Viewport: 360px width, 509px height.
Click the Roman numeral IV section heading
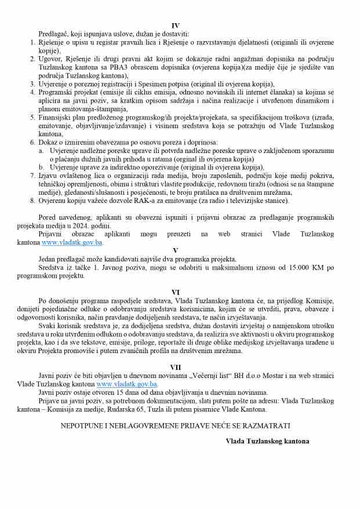(x=176, y=26)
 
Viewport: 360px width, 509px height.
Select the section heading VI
(x=176, y=292)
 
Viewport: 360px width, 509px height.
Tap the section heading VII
(x=176, y=367)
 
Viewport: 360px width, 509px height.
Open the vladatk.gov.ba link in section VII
(x=127, y=384)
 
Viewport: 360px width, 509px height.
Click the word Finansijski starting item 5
(x=57, y=117)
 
